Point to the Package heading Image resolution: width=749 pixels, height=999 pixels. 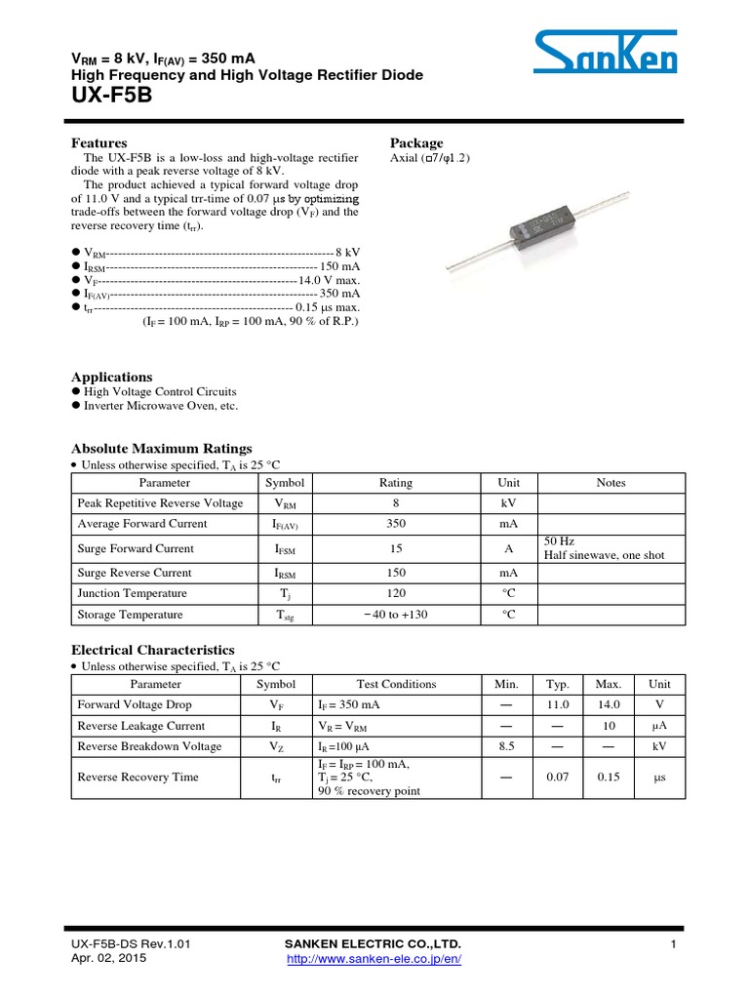point(416,142)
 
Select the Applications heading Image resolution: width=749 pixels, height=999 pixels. point(112,377)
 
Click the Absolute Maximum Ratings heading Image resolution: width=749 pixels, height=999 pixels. point(162,448)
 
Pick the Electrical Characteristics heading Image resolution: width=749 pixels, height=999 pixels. point(153,649)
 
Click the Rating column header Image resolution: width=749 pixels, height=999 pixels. point(395,483)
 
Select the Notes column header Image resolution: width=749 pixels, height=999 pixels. point(611,483)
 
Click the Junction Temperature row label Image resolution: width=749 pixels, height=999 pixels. point(133,593)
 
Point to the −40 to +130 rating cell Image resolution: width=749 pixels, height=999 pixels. point(395,615)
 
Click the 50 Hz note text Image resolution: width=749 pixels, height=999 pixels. point(559,540)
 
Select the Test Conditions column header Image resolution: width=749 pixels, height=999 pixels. point(397,684)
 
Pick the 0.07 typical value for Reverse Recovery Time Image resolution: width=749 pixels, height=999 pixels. point(558,778)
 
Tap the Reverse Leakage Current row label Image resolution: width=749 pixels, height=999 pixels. point(141,726)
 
